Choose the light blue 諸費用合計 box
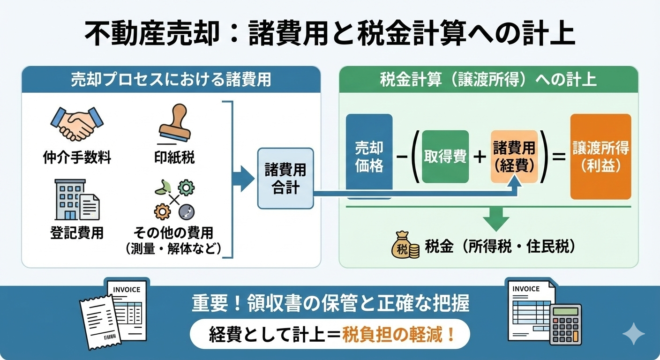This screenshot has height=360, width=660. click(285, 179)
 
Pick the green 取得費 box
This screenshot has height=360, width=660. click(445, 157)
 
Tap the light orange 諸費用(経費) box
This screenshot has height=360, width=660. click(514, 157)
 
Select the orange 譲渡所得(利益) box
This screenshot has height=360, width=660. click(600, 157)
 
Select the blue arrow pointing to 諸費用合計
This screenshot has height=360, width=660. click(244, 179)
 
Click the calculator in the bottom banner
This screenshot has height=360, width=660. click(566, 323)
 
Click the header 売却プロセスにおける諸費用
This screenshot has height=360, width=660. click(171, 79)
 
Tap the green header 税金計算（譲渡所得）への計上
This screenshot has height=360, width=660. click(488, 79)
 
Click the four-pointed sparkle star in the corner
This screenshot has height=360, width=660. click(634, 334)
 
